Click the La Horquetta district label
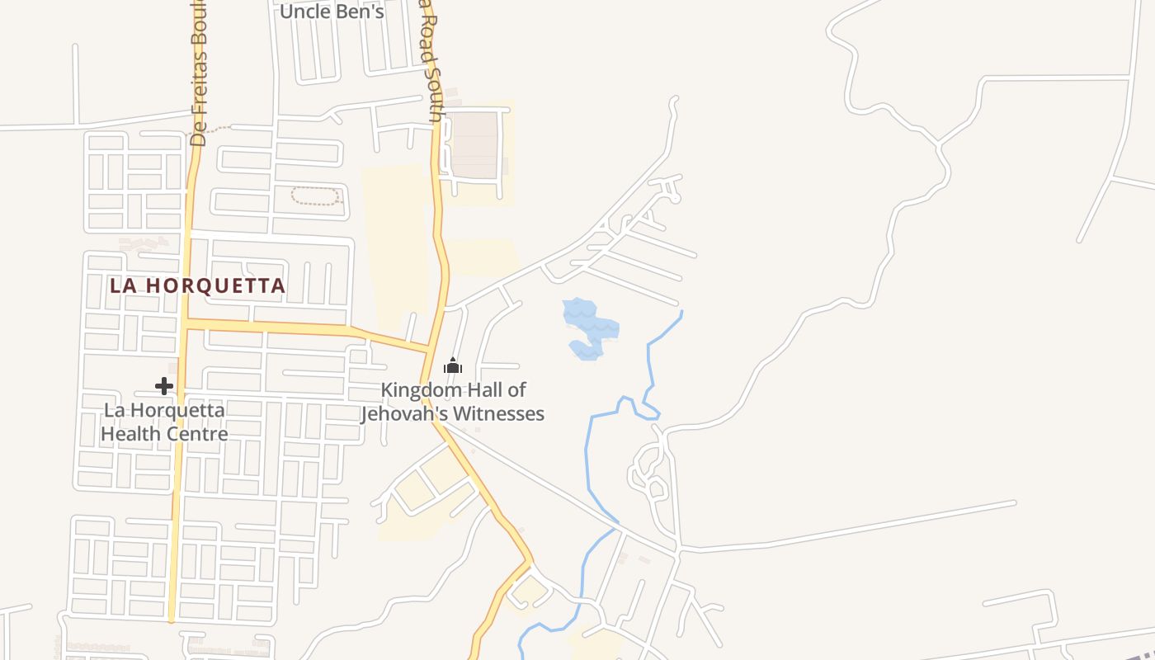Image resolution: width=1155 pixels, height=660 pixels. point(198,286)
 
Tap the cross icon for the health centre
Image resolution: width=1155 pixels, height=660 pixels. point(164,385)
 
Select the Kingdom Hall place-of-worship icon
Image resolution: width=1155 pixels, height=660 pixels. point(453,365)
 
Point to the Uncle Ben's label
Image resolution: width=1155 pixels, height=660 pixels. point(332,12)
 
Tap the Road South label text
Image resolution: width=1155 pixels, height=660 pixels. point(433,66)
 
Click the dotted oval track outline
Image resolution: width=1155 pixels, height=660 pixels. point(316,196)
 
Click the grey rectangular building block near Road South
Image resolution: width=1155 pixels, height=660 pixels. point(474,145)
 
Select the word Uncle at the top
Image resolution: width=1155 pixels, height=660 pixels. point(304,12)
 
